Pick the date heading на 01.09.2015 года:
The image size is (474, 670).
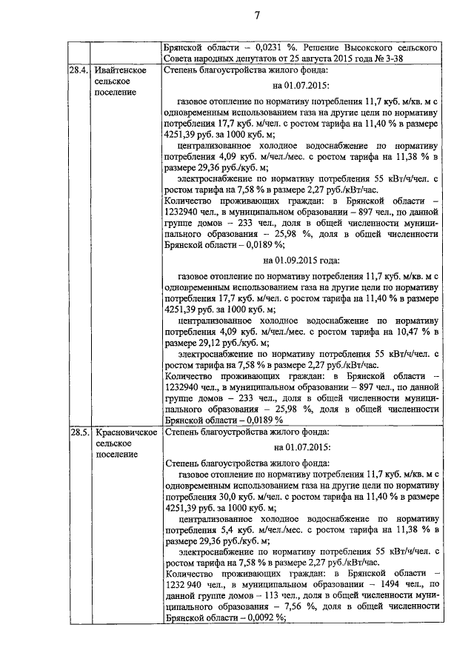coord(301,260)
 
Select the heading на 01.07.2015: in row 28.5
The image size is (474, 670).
coord(301,447)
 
